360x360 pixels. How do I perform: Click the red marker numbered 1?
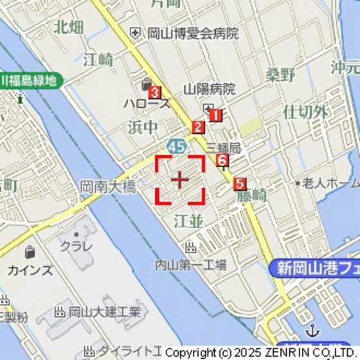215,115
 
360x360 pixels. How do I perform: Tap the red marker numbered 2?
198,127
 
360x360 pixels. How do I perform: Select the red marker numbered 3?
154,93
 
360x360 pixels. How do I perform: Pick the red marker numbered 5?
240,184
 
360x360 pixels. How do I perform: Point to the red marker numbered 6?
222,160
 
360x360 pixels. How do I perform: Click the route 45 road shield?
175,146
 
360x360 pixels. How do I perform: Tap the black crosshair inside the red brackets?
180,179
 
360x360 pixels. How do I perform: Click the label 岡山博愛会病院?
193,33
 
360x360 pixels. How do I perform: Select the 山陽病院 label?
210,89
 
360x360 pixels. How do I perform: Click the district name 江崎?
98,60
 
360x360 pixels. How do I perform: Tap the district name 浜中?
142,127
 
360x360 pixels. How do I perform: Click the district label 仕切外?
305,112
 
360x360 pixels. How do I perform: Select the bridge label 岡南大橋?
108,187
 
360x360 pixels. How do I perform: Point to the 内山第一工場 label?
191,264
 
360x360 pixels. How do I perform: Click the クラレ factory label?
76,246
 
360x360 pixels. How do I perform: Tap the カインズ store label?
30,270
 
